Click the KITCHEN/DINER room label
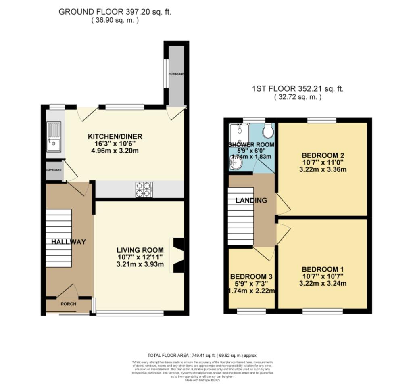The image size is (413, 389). (x=115, y=136)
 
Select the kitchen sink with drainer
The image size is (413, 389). (x=53, y=137)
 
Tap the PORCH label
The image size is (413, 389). (x=69, y=304)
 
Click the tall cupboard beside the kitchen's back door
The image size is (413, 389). (x=176, y=75)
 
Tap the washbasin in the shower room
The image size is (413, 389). (x=236, y=163)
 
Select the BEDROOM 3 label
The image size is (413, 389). (x=252, y=277)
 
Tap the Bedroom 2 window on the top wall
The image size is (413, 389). (x=321, y=120)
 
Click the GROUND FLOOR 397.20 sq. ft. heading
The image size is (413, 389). (x=115, y=12)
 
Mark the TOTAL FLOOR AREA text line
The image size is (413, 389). (x=202, y=355)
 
